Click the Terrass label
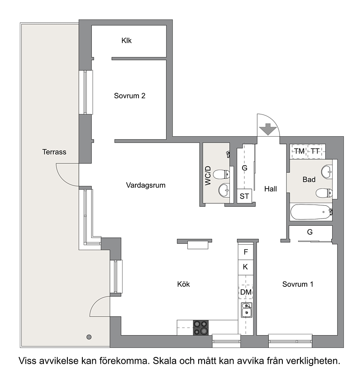[54, 152]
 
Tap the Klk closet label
[127, 41]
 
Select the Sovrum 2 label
[130, 96]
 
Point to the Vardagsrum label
[146, 185]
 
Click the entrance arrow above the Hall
[268, 129]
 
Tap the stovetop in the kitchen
[200, 328]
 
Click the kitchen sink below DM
[246, 310]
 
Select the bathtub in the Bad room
[311, 212]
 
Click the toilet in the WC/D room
[221, 175]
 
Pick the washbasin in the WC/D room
[224, 190]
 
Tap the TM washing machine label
[300, 151]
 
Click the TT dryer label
[315, 151]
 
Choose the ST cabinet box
[244, 196]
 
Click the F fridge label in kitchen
[246, 252]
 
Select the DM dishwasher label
[246, 292]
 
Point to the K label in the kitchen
[245, 267]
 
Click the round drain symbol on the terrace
[89, 337]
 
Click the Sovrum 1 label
[298, 284]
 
